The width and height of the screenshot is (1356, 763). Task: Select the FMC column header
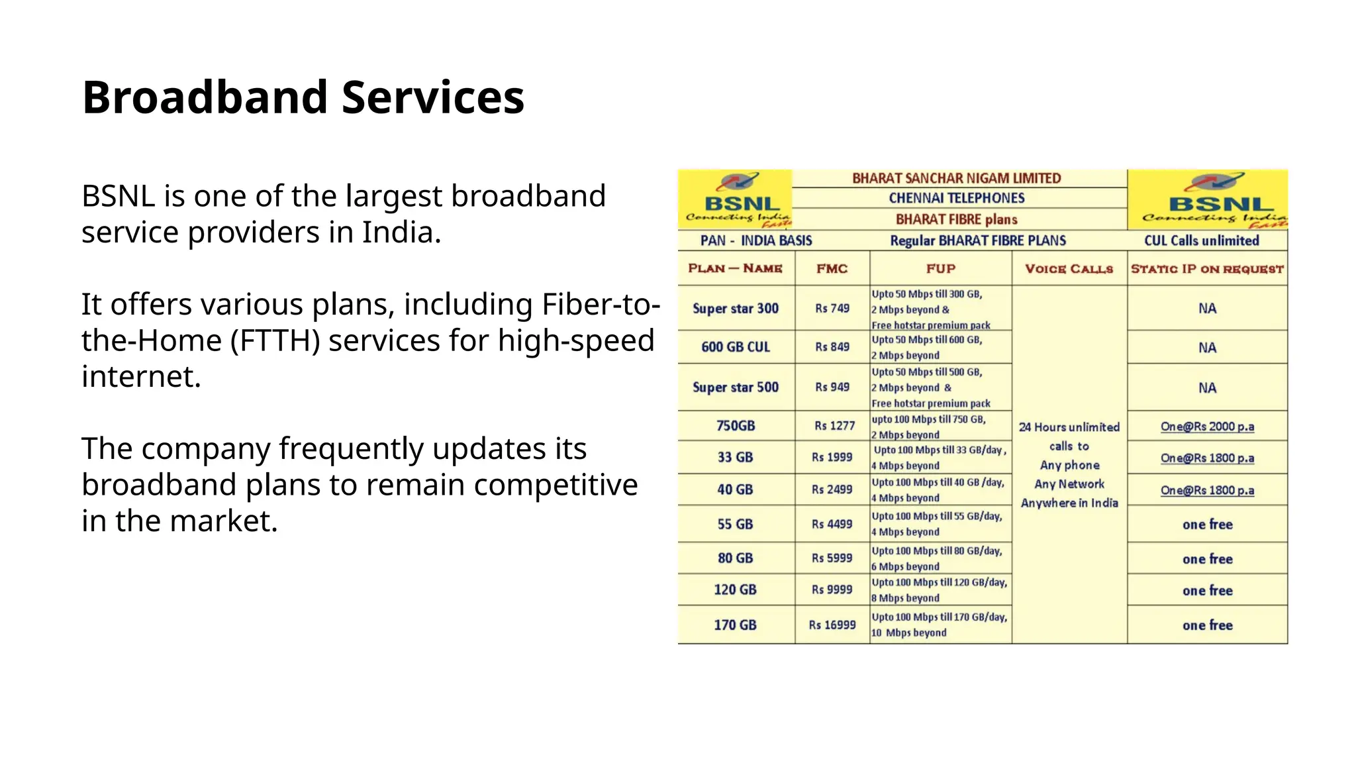[832, 268]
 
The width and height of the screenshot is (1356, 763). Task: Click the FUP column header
[940, 268]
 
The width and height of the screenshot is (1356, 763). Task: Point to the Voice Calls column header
[1069, 268]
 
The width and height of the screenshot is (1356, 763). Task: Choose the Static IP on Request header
[1206, 268]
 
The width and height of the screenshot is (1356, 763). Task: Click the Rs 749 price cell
[832, 309]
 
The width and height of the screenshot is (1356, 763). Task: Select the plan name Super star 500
[735, 387]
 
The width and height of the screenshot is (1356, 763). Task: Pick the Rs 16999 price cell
[832, 625]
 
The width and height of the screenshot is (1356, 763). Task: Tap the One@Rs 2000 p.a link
[1206, 427]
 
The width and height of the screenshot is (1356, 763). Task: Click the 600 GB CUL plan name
[735, 347]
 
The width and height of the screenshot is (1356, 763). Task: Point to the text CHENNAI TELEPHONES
[956, 198]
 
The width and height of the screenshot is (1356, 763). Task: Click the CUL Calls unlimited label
[1201, 240]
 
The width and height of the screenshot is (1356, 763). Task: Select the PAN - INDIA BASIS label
[755, 240]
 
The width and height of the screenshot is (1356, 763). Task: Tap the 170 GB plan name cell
[735, 625]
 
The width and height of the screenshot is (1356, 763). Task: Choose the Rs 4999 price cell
[832, 524]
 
